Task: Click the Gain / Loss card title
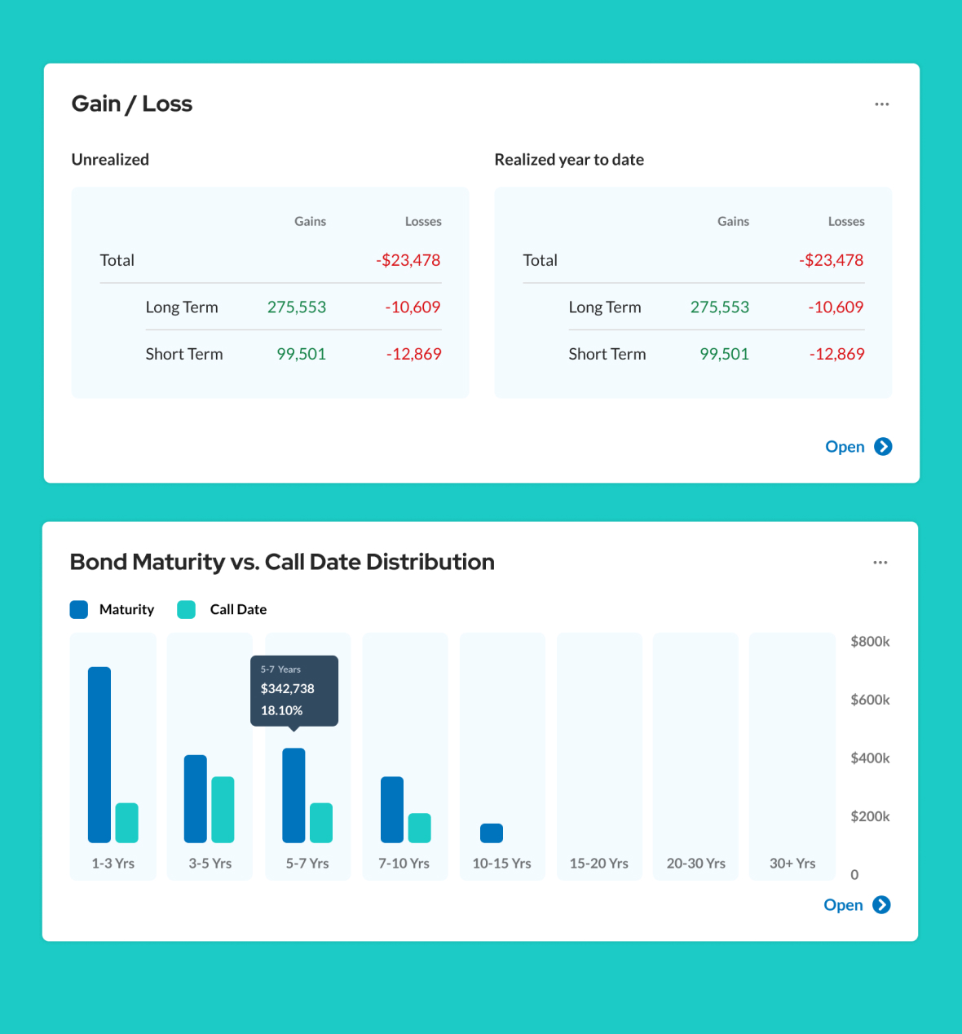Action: tap(132, 104)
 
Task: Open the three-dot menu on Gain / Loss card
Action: tap(881, 104)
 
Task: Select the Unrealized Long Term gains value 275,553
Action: tap(296, 307)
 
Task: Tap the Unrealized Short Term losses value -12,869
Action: tap(413, 354)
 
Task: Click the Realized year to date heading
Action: tap(569, 160)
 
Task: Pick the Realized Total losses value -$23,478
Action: tap(831, 260)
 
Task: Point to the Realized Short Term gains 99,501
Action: tap(724, 354)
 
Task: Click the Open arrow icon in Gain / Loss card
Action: tap(883, 447)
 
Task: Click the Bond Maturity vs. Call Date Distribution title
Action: tap(282, 562)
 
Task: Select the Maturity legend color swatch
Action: tap(79, 609)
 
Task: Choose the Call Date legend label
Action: tap(238, 609)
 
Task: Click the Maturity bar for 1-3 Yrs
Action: tap(99, 754)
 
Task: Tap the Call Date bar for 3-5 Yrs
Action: tap(223, 809)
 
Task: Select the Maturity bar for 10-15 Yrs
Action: tap(492, 833)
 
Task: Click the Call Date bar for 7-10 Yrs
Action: tap(419, 828)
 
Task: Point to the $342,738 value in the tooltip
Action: tap(287, 689)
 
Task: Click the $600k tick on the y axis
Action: tap(869, 700)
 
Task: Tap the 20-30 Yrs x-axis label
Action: tap(695, 864)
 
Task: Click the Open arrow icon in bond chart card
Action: tap(881, 905)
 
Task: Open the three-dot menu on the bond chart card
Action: tap(880, 563)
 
